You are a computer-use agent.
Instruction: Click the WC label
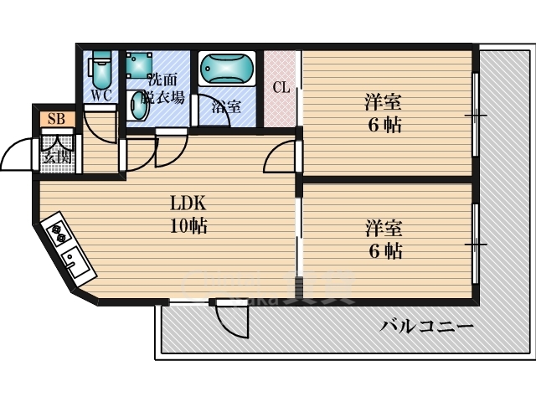(x=101, y=95)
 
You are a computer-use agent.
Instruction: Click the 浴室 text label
(x=226, y=106)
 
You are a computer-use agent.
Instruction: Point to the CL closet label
(x=281, y=87)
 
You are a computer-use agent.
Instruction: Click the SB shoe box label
(x=56, y=118)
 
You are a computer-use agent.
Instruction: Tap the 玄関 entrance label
(x=57, y=155)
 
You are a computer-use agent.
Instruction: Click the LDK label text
(x=188, y=204)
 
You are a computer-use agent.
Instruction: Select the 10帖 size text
(x=188, y=225)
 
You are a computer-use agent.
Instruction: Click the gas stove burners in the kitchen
(x=59, y=233)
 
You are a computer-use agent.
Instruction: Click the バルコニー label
(x=426, y=326)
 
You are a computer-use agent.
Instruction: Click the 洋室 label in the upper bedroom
(x=383, y=103)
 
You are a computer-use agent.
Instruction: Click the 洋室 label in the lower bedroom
(x=383, y=227)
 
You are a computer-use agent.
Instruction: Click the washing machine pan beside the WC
(x=139, y=63)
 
